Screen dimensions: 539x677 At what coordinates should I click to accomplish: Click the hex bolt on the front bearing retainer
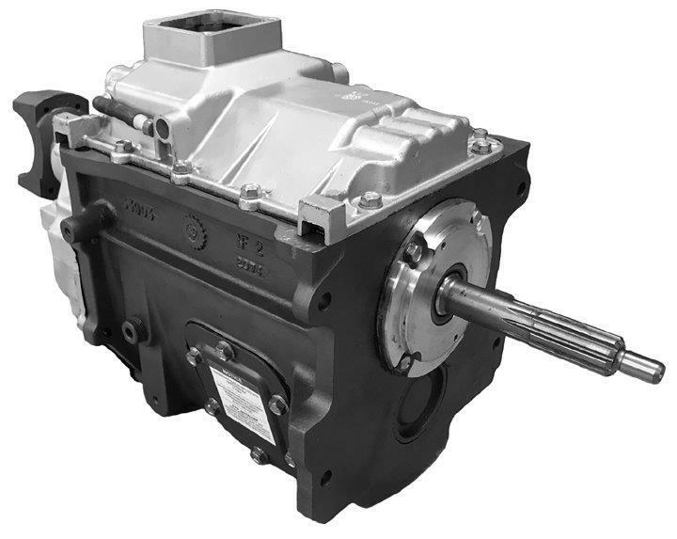coord(414,252)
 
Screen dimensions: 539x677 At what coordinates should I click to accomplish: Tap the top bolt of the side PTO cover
coord(225,350)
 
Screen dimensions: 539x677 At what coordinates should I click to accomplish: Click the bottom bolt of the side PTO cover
coord(260,455)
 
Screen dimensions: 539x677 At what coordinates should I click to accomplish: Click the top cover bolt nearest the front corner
coord(371,200)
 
